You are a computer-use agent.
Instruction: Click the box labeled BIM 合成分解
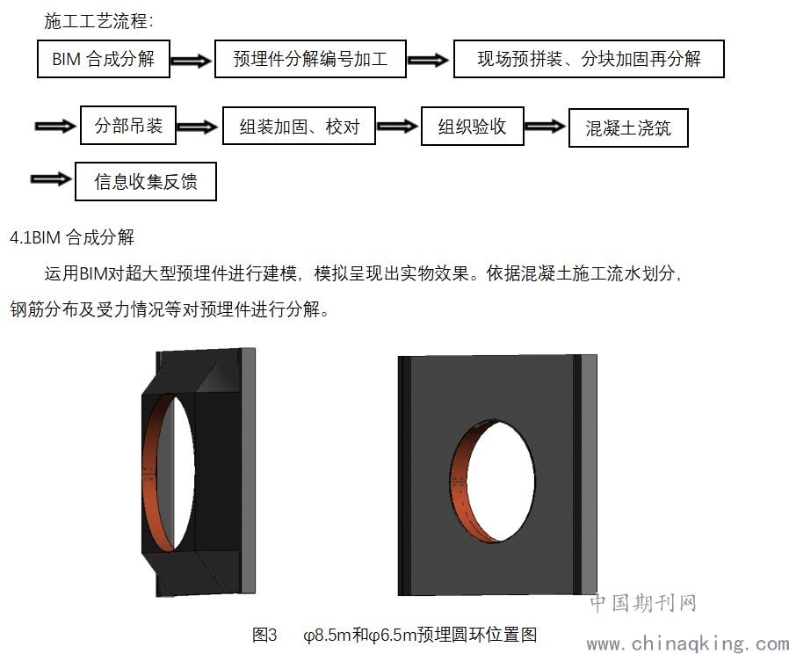[x=104, y=59]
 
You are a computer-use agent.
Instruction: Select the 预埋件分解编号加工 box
[x=310, y=59]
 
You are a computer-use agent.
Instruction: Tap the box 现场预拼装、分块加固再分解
[x=589, y=59]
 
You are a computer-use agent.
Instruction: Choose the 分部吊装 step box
[x=128, y=126]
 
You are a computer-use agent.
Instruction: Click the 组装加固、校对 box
[x=299, y=126]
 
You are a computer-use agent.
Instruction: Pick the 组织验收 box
[x=473, y=127]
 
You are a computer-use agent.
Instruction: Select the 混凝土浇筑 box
[x=628, y=127]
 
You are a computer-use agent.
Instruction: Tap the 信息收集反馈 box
[x=146, y=181]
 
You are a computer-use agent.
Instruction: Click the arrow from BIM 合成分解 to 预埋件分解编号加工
[x=192, y=61]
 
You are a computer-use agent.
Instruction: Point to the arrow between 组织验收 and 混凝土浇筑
[x=546, y=126]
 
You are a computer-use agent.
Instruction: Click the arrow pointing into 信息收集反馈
[x=51, y=178]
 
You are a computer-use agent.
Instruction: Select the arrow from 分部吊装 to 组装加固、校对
[x=198, y=127]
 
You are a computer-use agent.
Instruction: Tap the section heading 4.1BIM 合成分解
[x=72, y=236]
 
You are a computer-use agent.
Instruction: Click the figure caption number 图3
[x=264, y=635]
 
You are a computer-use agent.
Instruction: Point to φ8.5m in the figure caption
[x=327, y=635]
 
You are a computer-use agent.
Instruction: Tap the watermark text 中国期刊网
[x=643, y=603]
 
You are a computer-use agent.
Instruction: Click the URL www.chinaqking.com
[x=687, y=643]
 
